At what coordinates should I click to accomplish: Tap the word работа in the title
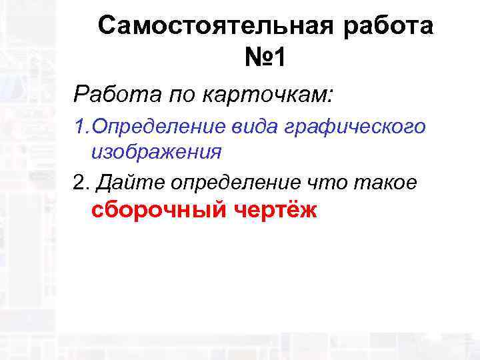(x=393, y=27)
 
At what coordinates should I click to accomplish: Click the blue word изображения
(x=156, y=152)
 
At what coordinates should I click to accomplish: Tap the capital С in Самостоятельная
(x=106, y=27)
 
